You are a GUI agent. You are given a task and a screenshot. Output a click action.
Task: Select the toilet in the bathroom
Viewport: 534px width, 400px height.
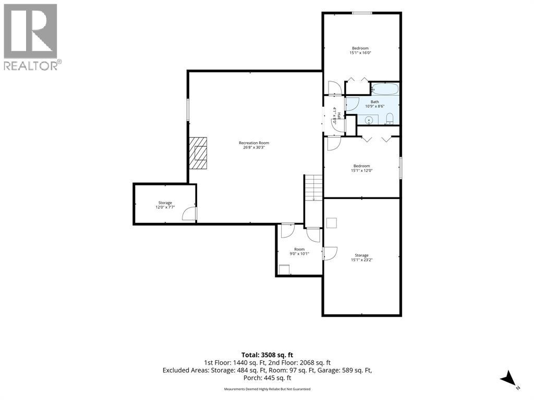pyautogui.click(x=390, y=119)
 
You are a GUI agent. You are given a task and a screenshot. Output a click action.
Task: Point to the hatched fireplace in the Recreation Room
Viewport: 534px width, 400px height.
pyautogui.click(x=198, y=153)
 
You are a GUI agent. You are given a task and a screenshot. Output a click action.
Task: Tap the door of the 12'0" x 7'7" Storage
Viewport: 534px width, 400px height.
pyautogui.click(x=189, y=214)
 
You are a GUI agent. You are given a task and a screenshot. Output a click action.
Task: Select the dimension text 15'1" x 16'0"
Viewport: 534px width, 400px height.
pyautogui.click(x=360, y=53)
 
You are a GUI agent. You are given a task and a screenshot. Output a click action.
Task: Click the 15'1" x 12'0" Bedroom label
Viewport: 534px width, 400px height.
pyautogui.click(x=362, y=168)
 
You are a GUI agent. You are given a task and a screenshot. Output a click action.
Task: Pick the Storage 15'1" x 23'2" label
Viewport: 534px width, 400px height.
pyautogui.click(x=362, y=257)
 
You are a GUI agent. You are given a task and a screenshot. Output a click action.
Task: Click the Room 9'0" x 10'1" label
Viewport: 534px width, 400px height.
pyautogui.click(x=299, y=252)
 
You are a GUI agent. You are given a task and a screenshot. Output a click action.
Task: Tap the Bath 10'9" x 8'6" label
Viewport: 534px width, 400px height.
pyautogui.click(x=374, y=104)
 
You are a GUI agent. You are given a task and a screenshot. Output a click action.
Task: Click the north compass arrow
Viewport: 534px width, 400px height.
pyautogui.click(x=508, y=378)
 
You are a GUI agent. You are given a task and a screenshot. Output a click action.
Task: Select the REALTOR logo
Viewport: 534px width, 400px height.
pyautogui.click(x=31, y=37)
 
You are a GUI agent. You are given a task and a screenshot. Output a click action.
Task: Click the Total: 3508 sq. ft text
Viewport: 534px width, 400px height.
pyautogui.click(x=267, y=355)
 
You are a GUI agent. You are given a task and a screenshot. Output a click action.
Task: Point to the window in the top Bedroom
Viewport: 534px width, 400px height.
pyautogui.click(x=362, y=13)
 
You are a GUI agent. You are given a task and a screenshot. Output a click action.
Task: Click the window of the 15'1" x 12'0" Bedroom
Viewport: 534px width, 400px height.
pyautogui.click(x=400, y=168)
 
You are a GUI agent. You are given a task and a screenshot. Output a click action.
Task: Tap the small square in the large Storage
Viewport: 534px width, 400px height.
pyautogui.click(x=332, y=223)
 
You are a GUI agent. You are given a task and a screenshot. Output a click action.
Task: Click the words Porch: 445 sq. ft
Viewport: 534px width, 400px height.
pyautogui.click(x=267, y=378)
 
